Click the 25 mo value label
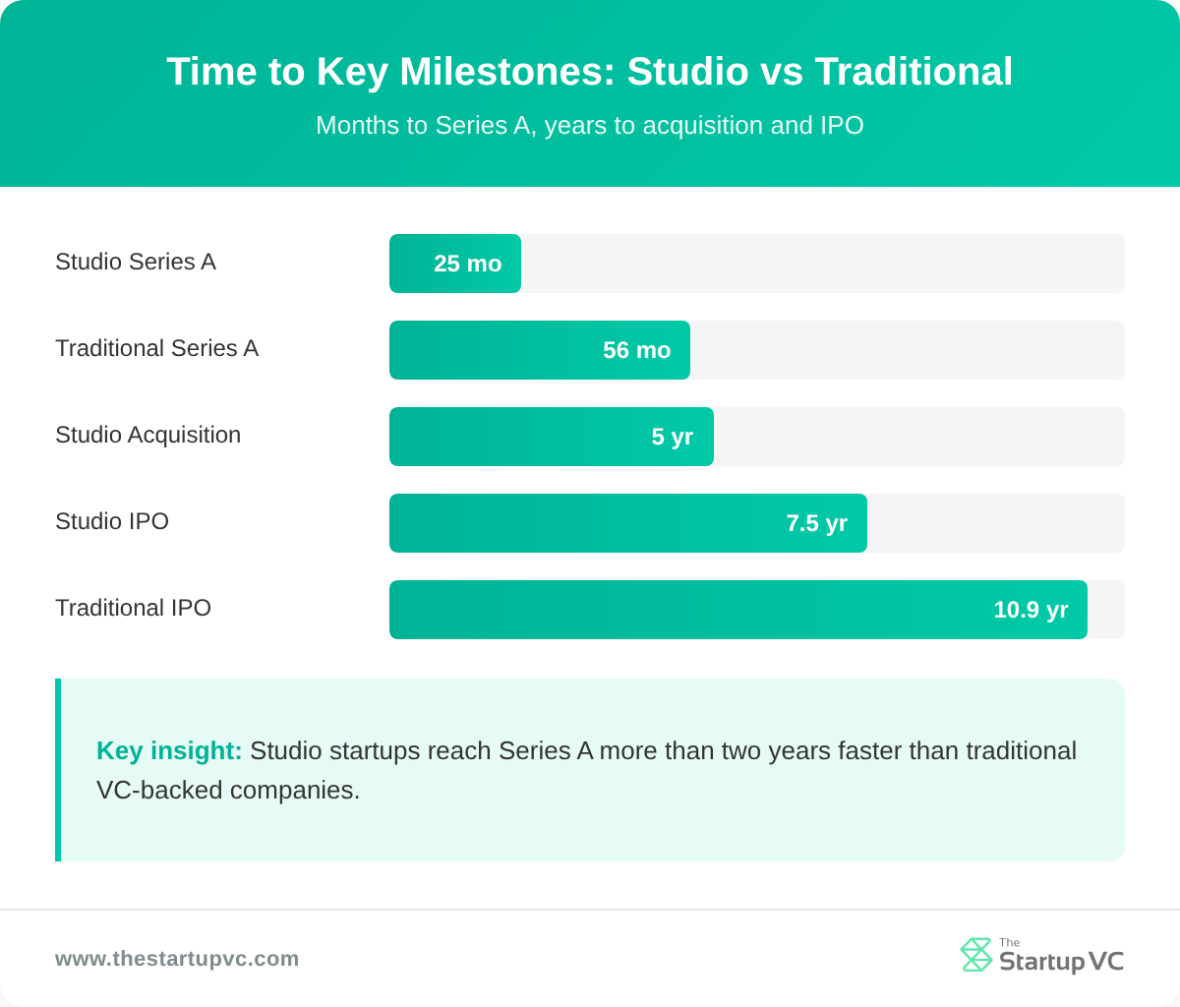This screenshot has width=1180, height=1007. pos(467,264)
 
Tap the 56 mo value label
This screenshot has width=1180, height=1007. pos(636,350)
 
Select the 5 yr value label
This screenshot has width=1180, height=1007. pos(672,437)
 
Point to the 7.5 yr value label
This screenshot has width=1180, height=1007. pos(816,523)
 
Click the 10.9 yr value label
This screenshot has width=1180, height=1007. pos(1030,610)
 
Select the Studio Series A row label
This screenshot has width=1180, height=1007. pos(136,262)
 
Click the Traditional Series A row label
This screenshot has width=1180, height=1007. pos(156,348)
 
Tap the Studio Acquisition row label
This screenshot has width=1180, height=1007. pos(147,435)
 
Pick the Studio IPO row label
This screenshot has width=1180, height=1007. pos(112,521)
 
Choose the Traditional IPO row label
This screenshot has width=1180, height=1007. pos(133,608)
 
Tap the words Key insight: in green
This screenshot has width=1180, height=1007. pos(169,751)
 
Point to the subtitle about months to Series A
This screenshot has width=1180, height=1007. pos(589,126)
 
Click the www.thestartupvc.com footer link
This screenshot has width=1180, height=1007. pos(177,959)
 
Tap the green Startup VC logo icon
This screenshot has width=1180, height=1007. pos(975,955)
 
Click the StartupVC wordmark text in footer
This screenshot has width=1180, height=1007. pos(1061,961)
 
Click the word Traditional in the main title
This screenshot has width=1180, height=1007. pos(914,72)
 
